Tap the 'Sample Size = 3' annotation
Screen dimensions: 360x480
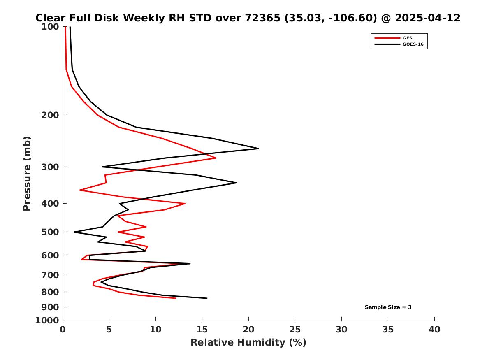[x=388, y=307]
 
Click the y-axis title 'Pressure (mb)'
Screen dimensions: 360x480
[x=27, y=173]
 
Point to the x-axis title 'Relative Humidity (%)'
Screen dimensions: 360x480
[x=248, y=342]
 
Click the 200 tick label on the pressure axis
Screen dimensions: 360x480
[x=51, y=115]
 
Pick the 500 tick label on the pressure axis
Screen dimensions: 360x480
[x=51, y=232]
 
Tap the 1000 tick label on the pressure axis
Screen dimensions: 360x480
[x=48, y=320]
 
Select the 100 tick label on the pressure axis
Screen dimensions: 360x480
[x=51, y=27]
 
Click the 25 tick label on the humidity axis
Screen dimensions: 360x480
[x=295, y=330]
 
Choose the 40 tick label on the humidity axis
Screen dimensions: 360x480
[x=434, y=330]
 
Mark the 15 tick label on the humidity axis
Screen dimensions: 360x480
[x=202, y=330]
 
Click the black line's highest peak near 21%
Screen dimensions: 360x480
[x=258, y=148]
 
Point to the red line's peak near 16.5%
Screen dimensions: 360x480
[x=216, y=158]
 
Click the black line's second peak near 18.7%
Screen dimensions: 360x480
[x=237, y=183]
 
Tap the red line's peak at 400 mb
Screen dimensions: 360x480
[x=185, y=203]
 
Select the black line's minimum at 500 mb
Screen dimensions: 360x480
[x=74, y=232]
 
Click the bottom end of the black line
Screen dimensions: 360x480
[x=207, y=298]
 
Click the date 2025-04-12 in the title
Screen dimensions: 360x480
[x=426, y=18]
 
